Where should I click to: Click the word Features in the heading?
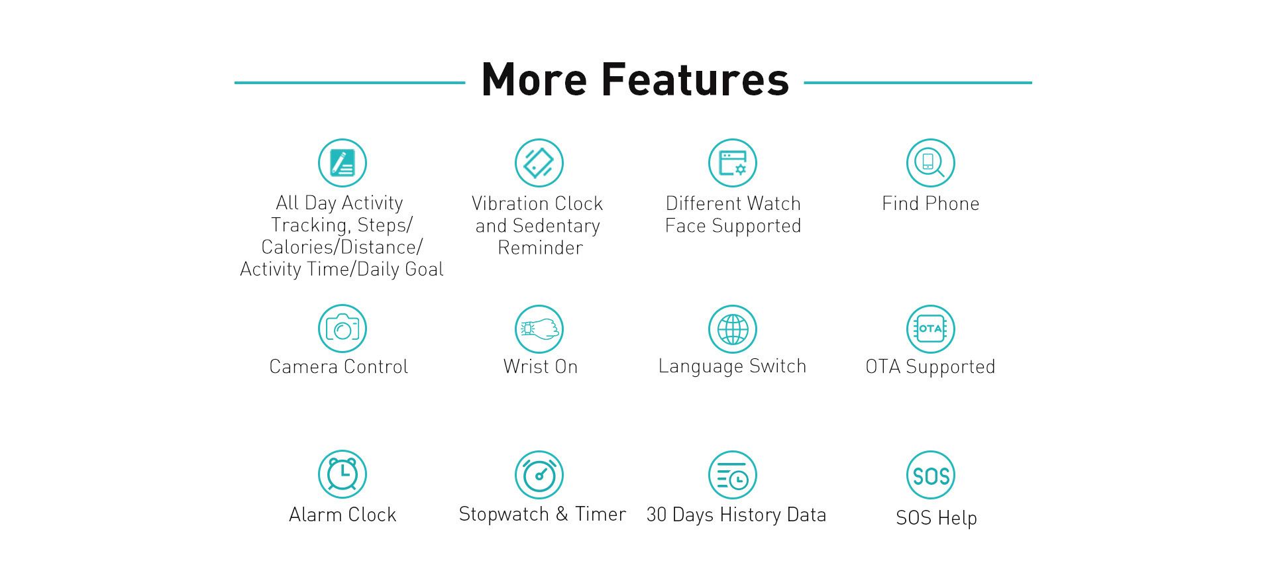[695, 79]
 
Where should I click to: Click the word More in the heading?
[534, 79]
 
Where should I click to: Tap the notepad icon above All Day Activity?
[343, 163]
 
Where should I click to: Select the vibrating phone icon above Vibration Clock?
[539, 163]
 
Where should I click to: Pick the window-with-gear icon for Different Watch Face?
[733, 163]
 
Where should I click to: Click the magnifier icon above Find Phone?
[931, 163]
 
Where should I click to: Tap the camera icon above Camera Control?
[343, 329]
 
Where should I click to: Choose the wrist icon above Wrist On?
[539, 329]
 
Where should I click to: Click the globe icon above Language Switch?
[733, 329]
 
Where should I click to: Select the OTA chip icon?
[931, 329]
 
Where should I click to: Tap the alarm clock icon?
[343, 475]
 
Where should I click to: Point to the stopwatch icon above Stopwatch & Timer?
[539, 475]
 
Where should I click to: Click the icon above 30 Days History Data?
[733, 475]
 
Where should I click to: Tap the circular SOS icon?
[931, 475]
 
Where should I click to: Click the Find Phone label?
[931, 203]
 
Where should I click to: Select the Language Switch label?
[733, 367]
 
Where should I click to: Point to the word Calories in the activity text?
[291, 247]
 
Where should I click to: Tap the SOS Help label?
[937, 518]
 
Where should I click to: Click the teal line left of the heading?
[350, 83]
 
